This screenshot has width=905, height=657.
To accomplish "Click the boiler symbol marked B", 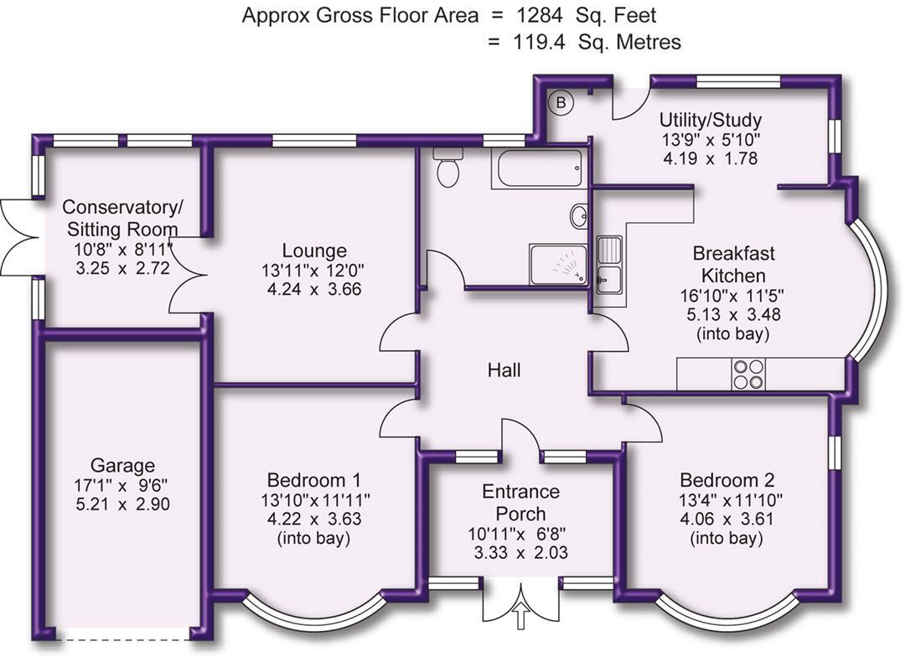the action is pos(560,103).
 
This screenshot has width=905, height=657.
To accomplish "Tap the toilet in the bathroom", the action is pos(447,167).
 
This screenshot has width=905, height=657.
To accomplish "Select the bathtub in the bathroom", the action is pos(537,168).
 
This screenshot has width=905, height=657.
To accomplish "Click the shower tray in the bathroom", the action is pos(558,265).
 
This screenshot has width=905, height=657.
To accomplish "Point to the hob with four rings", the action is pos(749,374).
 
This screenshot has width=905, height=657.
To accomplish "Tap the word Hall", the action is pos(504,370).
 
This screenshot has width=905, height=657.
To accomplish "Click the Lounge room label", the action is pos(314,251).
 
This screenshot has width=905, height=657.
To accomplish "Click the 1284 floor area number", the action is pos(539,16).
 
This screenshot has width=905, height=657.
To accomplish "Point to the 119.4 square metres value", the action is pos(540,42).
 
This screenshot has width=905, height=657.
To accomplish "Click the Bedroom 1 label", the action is pos(314,480).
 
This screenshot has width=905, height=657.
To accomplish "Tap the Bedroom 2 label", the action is pos(727,480).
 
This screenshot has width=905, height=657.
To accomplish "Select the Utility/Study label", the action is pos(711,120).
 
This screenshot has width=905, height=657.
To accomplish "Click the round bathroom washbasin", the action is pos(579,216).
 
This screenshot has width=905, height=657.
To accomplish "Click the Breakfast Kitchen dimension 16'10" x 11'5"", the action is pos(732,296).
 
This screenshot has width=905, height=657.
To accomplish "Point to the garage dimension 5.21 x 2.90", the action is pos(123,504).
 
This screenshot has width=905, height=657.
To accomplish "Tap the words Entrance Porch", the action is pos(520,502).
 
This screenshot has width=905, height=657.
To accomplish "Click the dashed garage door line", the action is pos(123,639).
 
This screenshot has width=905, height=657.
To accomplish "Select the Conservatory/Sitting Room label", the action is pos(123,218).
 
